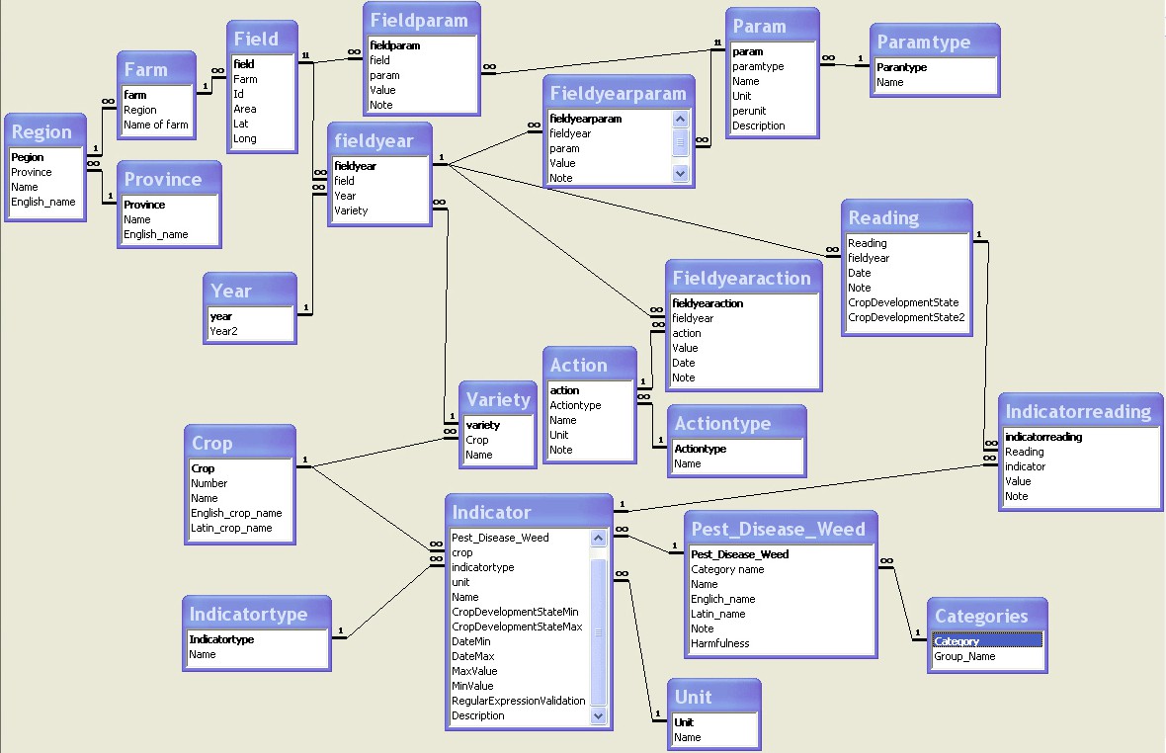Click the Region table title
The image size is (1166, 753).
tap(42, 131)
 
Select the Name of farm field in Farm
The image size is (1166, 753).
tap(155, 125)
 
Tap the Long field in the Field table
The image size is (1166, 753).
tap(245, 138)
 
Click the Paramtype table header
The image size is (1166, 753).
tap(923, 42)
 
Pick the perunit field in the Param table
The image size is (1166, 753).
tap(749, 111)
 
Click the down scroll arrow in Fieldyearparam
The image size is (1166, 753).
tap(680, 172)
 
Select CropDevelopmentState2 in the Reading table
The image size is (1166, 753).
tap(905, 317)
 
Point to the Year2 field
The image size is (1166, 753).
tap(223, 331)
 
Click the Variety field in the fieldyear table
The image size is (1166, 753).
tap(351, 210)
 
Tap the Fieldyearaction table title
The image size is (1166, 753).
tap(741, 278)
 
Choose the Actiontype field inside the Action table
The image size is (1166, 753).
tap(575, 405)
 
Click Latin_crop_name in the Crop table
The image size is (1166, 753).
tap(231, 528)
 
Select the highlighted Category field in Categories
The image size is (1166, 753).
tap(956, 641)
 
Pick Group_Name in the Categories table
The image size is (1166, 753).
tap(964, 656)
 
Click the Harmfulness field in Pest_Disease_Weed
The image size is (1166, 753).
tap(719, 643)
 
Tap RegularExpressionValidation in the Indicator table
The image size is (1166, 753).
tap(518, 701)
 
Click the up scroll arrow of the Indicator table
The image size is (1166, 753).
tap(598, 539)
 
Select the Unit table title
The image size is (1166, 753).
tap(693, 696)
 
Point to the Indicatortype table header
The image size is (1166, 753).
tap(248, 614)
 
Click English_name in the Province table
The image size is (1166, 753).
tap(155, 234)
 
